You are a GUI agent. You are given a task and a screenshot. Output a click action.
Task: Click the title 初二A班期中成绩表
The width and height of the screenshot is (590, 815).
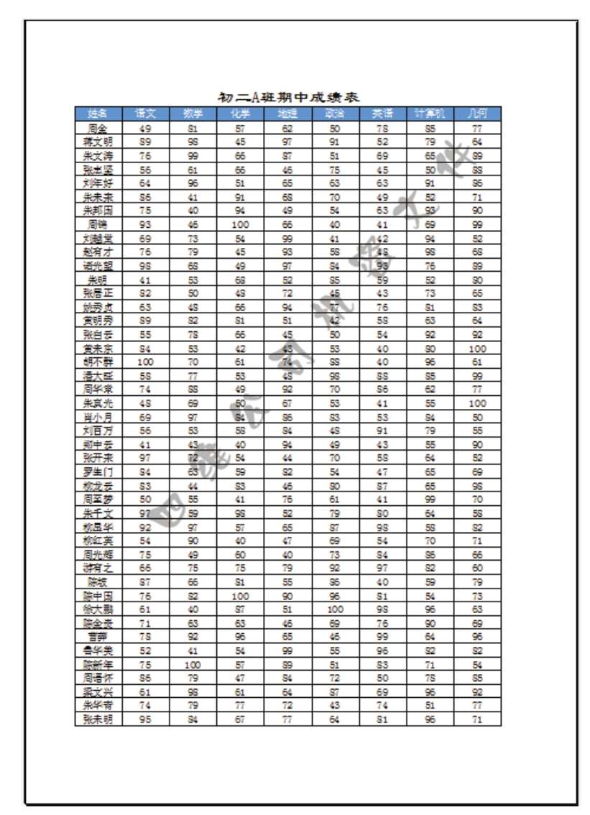289,97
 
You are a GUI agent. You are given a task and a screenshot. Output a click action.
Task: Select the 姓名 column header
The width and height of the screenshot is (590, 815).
98,114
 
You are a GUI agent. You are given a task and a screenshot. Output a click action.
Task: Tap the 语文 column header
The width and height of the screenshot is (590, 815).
145,114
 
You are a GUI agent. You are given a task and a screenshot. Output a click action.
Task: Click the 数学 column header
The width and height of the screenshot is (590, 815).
193,114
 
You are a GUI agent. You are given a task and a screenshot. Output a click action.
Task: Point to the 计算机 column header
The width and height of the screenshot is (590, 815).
430,114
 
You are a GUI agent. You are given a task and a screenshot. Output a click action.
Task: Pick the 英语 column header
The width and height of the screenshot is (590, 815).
382,114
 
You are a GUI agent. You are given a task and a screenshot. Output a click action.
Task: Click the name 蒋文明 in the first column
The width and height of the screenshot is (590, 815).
98,142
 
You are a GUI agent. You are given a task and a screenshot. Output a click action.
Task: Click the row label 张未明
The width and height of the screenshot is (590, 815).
98,719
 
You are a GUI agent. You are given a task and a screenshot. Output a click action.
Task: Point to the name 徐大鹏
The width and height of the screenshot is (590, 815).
98,609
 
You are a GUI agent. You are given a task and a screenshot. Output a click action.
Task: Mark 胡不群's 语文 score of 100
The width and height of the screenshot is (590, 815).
145,362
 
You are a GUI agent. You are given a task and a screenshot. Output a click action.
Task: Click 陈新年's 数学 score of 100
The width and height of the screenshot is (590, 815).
193,665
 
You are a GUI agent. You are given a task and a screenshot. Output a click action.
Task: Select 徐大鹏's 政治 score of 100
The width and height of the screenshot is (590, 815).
335,609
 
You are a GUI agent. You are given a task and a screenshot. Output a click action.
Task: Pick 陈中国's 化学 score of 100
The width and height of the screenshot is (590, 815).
240,596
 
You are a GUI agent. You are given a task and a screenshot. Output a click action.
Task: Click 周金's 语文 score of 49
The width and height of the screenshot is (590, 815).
145,129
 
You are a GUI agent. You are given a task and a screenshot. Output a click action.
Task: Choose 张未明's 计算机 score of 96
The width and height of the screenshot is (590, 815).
430,719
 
